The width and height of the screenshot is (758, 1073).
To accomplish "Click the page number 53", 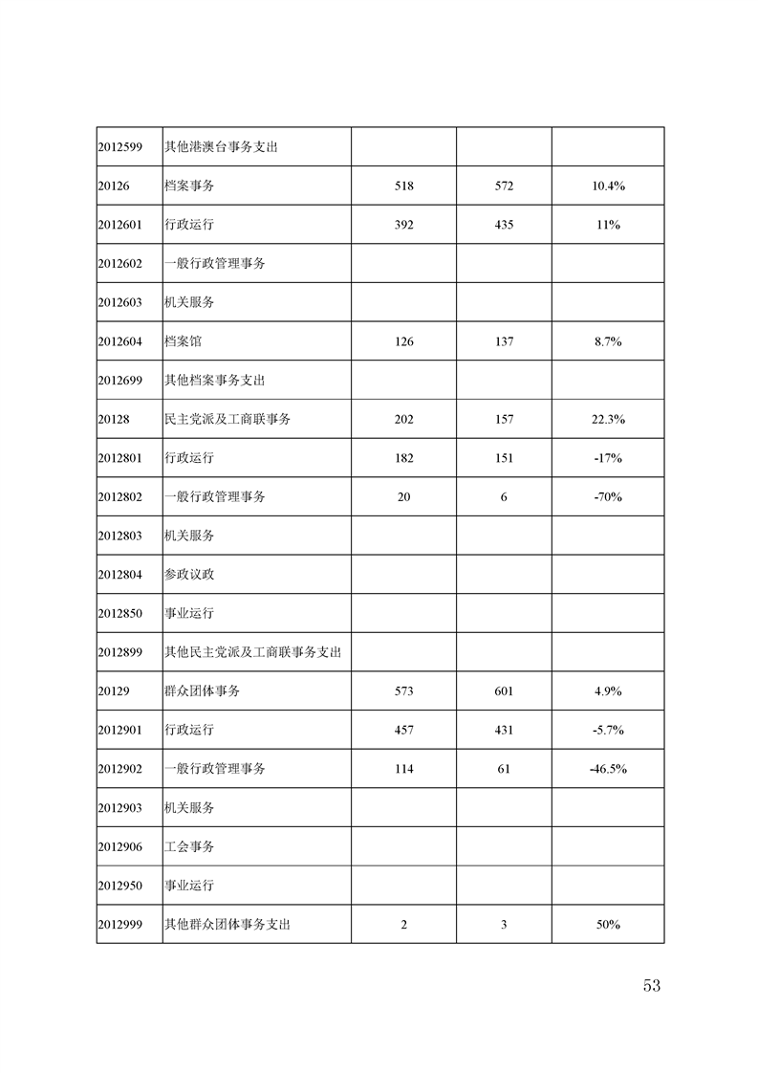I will pos(652,986).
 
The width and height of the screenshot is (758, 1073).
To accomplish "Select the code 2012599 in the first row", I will pos(119,147).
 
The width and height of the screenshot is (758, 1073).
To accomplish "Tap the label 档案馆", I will pos(183,341).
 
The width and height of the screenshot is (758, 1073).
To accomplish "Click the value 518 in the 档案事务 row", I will pos(403,186).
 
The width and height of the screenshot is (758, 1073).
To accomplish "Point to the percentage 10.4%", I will pos(608,186).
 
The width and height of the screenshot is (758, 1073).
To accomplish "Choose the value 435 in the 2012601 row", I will pos(504,225).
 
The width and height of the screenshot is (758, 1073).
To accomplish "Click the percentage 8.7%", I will pos(608,341).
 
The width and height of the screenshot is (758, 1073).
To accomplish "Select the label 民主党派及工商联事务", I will pos(227,419).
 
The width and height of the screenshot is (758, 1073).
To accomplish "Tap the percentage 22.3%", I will pos(608,419).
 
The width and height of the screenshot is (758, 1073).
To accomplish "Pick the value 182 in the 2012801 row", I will pos(403,458).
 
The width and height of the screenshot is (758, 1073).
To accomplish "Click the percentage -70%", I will pos(608,497).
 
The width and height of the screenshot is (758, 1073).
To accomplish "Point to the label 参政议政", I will pos(189,575).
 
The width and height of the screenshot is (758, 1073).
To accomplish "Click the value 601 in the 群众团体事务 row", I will pos(504,690).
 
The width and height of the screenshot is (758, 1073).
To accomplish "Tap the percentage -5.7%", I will pos(608,730).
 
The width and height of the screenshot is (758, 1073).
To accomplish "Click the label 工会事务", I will pos(189,846).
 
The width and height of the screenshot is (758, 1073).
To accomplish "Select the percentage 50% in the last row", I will pos(608,925).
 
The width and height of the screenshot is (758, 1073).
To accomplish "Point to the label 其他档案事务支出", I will pos(214,380).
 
